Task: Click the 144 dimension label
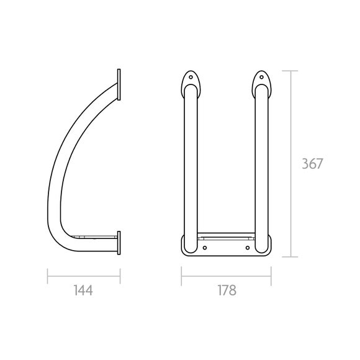pyautogui.click(x=83, y=290)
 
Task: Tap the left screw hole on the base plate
pyautogui.click(x=205, y=248)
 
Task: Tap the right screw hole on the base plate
pyautogui.click(x=248, y=248)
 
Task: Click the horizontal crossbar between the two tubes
pyautogui.click(x=227, y=236)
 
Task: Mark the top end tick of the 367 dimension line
pyautogui.click(x=291, y=71)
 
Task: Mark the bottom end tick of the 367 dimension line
pyautogui.click(x=291, y=256)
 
